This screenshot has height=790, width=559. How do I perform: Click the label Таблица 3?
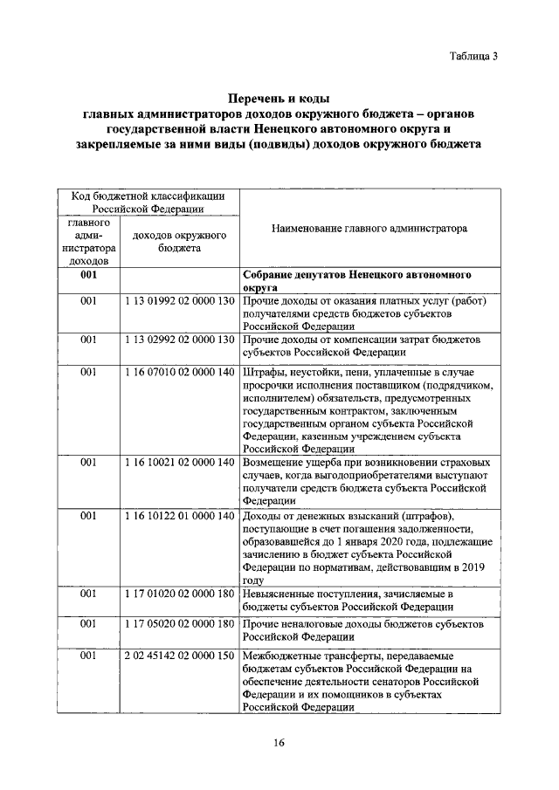point(473,57)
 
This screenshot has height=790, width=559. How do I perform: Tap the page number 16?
point(279,742)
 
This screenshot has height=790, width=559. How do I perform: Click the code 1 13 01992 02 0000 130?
point(180,301)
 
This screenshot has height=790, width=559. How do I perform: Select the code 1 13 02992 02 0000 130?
point(180,340)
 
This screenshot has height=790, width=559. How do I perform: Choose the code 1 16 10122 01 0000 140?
point(180,517)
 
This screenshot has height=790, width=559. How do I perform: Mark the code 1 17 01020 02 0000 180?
point(180,594)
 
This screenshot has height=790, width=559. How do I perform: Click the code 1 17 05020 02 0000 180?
point(180,626)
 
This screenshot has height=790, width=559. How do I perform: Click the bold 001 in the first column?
point(88,274)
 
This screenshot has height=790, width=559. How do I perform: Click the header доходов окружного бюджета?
point(180,242)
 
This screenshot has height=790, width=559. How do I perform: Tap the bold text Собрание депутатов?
point(293,274)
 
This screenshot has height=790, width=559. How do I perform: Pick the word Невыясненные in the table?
point(281,594)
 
